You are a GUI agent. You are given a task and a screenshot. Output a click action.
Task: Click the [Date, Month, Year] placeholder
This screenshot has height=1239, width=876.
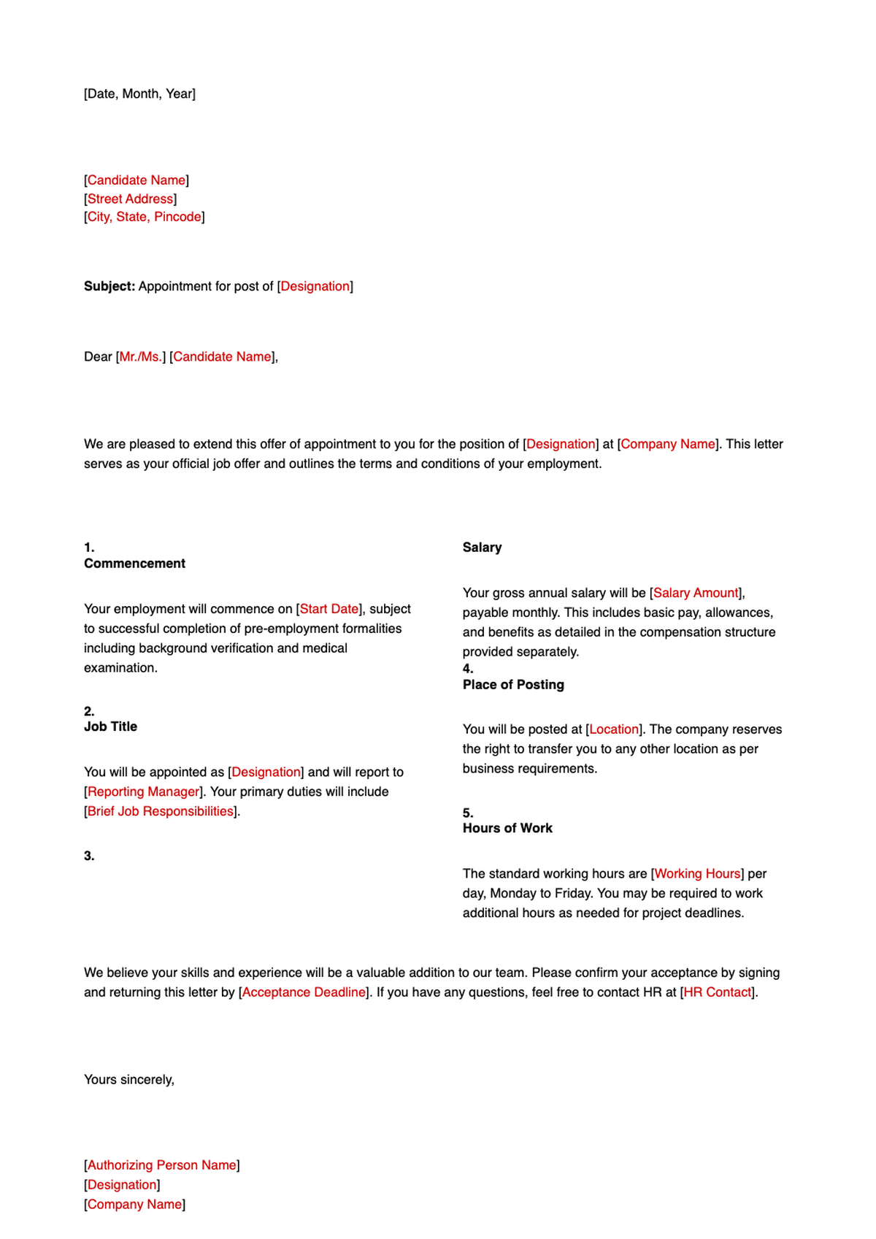click(x=139, y=93)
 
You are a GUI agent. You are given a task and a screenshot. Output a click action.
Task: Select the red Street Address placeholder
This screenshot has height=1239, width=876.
click(x=130, y=199)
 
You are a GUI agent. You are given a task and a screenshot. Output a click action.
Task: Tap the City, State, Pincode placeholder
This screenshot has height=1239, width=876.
click(x=144, y=217)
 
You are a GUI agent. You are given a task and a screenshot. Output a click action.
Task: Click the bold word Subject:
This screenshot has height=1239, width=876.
click(x=109, y=286)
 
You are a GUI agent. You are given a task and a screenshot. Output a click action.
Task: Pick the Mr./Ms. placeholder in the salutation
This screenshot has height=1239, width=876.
click(x=141, y=356)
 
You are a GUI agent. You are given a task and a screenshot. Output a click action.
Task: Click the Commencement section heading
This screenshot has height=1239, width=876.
click(x=134, y=564)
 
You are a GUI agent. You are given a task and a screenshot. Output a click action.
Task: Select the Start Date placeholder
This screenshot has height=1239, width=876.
click(x=329, y=609)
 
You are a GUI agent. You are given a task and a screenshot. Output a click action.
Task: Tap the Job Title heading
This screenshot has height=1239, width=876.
click(x=110, y=726)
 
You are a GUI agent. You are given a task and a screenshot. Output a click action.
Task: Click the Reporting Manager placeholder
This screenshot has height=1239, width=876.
click(x=143, y=791)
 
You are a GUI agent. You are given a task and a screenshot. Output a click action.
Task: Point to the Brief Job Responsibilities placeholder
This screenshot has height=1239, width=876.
click(x=161, y=811)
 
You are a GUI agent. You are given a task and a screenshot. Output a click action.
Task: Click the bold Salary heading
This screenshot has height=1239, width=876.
click(x=482, y=548)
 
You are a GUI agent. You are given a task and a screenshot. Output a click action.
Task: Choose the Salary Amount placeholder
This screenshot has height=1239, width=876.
click(x=696, y=593)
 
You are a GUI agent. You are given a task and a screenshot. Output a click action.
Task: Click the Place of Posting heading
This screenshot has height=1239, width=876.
click(x=513, y=685)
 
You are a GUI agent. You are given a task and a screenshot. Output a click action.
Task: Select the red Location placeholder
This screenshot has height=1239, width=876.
click(x=614, y=729)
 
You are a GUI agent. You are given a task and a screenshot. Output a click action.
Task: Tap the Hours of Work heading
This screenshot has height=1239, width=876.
click(x=507, y=828)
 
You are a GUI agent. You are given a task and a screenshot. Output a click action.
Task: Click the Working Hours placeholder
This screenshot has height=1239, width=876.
click(x=697, y=873)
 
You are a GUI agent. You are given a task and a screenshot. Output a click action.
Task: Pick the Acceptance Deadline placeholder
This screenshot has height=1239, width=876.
click(x=304, y=992)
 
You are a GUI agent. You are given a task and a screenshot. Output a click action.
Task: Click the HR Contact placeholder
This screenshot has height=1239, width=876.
click(x=718, y=992)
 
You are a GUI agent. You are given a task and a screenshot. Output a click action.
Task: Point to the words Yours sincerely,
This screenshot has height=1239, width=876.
click(x=129, y=1079)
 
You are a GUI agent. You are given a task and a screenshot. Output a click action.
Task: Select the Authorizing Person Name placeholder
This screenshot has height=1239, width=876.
click(x=162, y=1165)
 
